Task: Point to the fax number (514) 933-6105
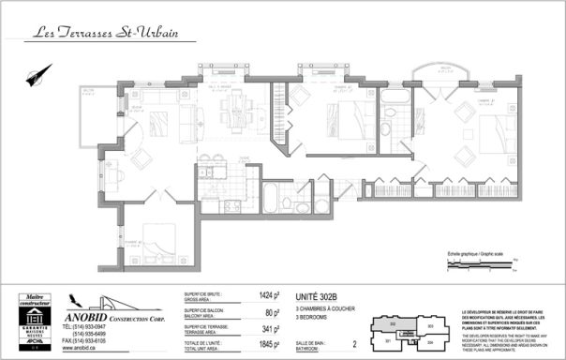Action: pyautogui.click(x=85, y=340)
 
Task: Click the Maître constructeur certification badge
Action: pyautogui.click(x=36, y=322)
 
